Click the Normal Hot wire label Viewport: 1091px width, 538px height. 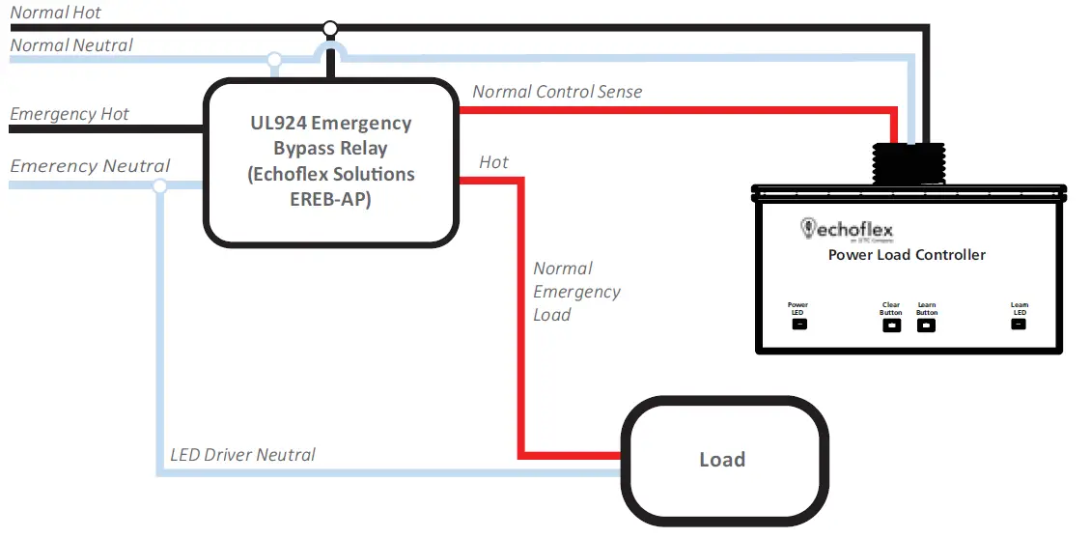coord(56,14)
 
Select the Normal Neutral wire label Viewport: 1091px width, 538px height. coord(71,45)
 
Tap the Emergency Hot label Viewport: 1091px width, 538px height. coord(70,114)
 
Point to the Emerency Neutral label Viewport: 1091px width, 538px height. coord(90,166)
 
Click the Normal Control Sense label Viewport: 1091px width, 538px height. coord(557,92)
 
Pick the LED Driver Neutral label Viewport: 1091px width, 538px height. coord(242,454)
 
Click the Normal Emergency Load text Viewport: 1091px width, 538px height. coord(576,292)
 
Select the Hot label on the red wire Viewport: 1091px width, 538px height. coord(493,162)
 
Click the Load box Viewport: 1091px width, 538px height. coord(722,460)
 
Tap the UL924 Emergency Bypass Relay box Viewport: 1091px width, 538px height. coord(330,161)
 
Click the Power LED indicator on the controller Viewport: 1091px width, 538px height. coord(798,325)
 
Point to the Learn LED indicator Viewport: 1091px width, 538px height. coord(1019,325)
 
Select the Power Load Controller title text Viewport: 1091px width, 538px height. coord(907,255)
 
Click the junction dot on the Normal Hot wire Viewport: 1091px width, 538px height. coord(330,28)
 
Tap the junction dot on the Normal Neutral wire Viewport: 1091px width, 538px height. coord(274,60)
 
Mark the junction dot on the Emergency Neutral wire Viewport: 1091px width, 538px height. coord(159,184)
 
